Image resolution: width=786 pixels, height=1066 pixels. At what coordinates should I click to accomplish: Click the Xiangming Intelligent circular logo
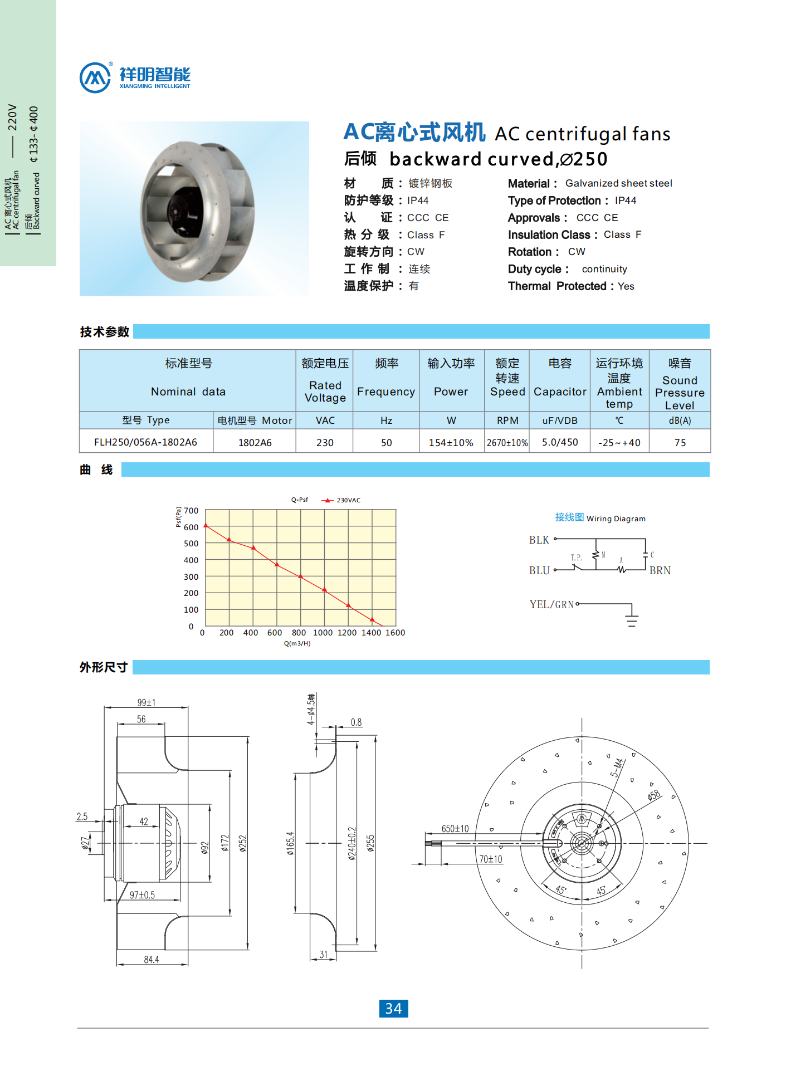95,77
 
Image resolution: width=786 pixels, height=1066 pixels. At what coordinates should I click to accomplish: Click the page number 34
393,1008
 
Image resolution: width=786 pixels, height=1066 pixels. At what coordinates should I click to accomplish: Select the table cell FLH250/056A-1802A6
145,442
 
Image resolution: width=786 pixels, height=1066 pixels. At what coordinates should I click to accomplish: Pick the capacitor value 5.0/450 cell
560,442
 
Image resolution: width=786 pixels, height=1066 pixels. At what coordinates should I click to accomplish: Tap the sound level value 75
680,443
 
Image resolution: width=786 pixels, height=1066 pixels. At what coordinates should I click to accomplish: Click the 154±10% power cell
451,443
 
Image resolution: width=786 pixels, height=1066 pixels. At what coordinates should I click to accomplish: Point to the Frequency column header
385,392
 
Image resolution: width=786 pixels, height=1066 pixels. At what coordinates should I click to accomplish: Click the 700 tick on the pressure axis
191,511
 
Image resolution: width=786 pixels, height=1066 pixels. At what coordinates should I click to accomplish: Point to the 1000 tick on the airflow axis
323,633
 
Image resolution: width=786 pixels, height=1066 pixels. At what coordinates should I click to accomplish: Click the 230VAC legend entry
348,500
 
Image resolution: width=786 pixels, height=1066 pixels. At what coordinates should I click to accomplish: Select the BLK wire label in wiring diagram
539,540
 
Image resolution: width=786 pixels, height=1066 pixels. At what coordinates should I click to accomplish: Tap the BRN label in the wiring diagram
660,570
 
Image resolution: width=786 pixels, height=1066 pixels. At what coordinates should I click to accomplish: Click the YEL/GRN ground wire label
551,604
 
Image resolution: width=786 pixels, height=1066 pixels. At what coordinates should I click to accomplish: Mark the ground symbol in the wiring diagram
631,619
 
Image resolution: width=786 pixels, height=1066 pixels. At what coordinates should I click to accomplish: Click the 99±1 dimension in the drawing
147,703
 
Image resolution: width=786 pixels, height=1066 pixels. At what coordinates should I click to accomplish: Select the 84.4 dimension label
151,960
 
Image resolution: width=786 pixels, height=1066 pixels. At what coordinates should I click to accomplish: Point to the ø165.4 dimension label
290,843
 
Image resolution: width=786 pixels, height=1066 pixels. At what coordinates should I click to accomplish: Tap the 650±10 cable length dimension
455,829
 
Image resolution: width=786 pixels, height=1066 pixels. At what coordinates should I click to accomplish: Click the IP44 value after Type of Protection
626,201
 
